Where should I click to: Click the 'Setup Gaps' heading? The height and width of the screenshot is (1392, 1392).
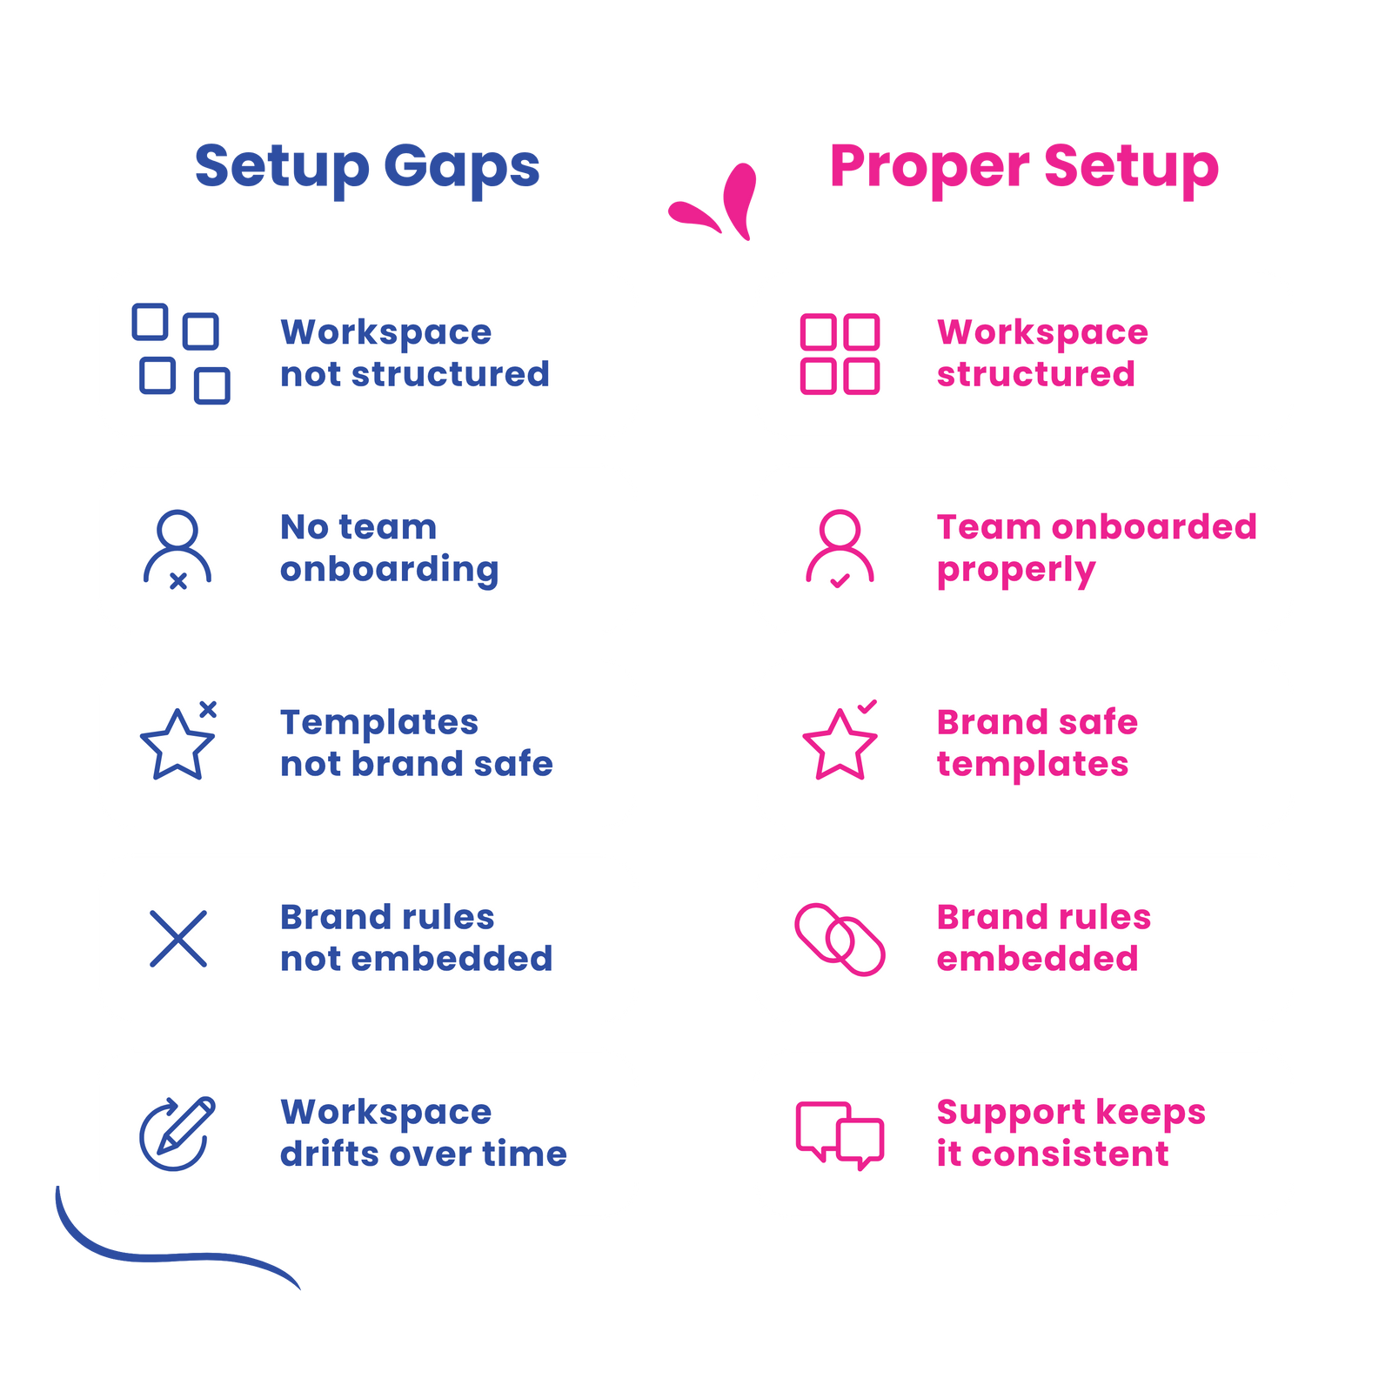click(367, 166)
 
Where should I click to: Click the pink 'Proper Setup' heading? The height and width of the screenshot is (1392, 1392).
click(1024, 166)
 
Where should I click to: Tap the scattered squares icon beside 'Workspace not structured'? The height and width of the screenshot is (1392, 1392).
click(181, 353)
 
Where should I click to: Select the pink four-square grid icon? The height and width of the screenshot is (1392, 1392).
click(840, 354)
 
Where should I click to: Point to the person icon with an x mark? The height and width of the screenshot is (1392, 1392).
click(177, 549)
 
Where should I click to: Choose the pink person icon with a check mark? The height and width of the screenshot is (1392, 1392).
click(840, 549)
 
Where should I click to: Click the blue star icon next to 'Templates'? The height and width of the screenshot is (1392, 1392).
click(177, 744)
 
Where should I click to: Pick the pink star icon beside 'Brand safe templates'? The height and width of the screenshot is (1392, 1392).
click(840, 744)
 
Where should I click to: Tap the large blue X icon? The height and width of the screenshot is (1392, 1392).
click(178, 939)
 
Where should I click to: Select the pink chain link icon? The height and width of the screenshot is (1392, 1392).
click(840, 940)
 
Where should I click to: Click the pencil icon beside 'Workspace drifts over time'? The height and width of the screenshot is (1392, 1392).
click(178, 1134)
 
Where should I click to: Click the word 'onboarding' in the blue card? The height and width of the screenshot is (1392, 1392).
click(389, 570)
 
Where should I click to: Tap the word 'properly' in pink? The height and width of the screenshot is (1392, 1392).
click(1015, 571)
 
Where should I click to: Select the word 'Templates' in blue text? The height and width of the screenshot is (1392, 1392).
click(379, 722)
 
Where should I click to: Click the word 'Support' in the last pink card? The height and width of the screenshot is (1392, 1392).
click(997, 1113)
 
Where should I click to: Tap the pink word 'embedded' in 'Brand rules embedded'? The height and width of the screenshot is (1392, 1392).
click(1037, 959)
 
